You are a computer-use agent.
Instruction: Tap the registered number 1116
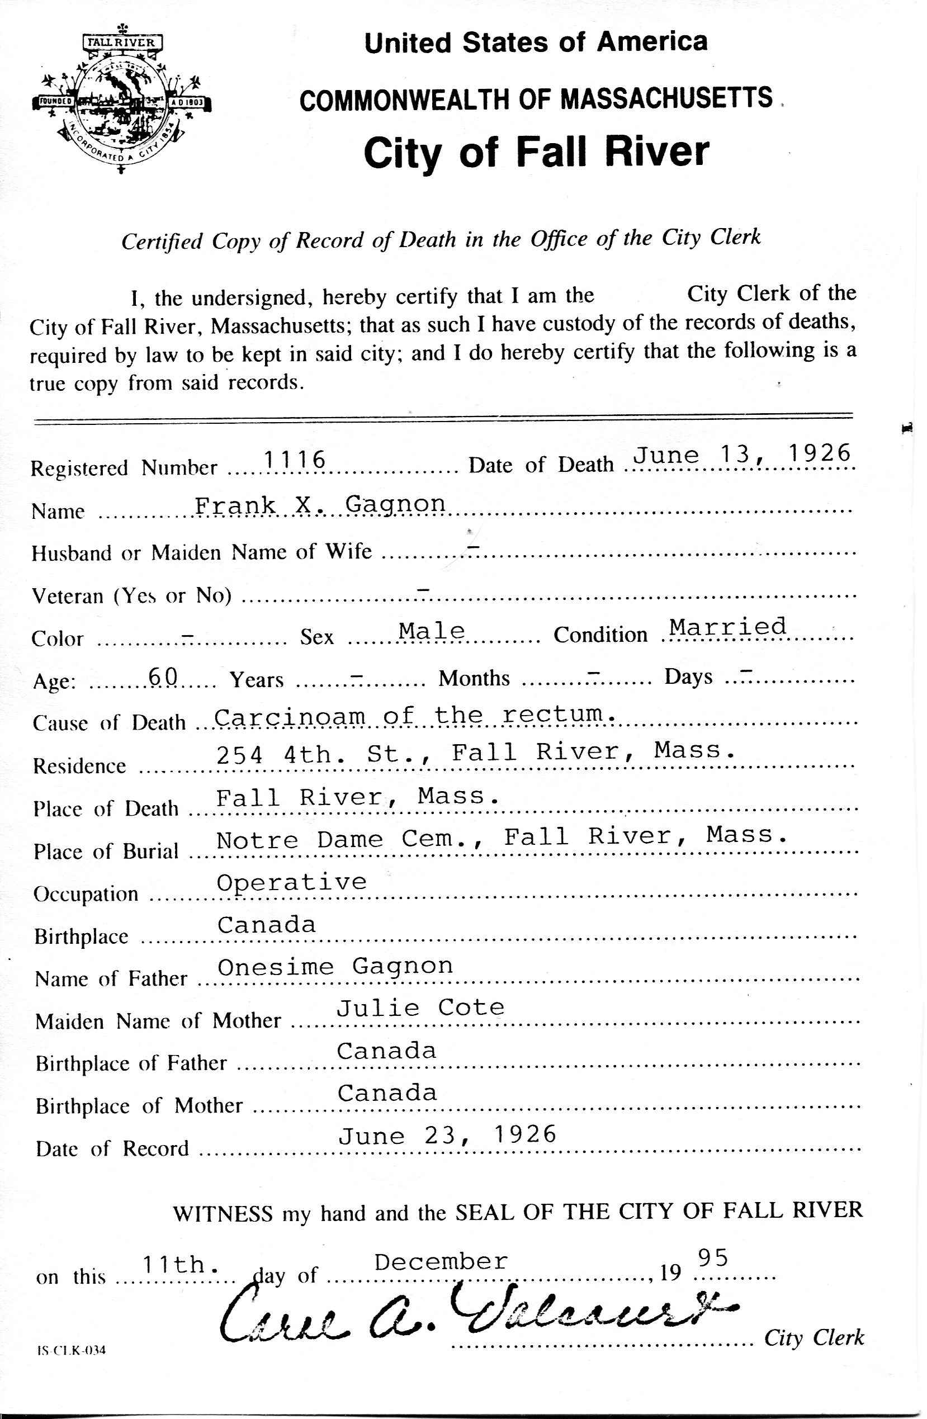pyautogui.click(x=295, y=460)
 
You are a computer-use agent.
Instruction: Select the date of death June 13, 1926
pyautogui.click(x=741, y=455)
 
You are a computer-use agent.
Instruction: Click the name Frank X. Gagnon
pyautogui.click(x=320, y=505)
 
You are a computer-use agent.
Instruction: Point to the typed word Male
pyautogui.click(x=432, y=630)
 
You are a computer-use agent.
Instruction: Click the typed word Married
pyautogui.click(x=727, y=627)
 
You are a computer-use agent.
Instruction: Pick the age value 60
pyautogui.click(x=163, y=675)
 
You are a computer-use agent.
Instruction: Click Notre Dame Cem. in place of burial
pyautogui.click(x=346, y=839)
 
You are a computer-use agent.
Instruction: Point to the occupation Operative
pyautogui.click(x=291, y=883)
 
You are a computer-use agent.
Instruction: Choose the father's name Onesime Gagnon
pyautogui.click(x=335, y=967)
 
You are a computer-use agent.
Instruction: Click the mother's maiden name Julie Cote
pyautogui.click(x=420, y=1008)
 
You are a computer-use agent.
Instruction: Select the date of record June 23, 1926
pyautogui.click(x=447, y=1135)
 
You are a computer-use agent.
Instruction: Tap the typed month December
pyautogui.click(x=441, y=1261)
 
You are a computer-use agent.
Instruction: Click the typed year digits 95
pyautogui.click(x=712, y=1258)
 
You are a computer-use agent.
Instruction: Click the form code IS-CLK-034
pyautogui.click(x=71, y=1350)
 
